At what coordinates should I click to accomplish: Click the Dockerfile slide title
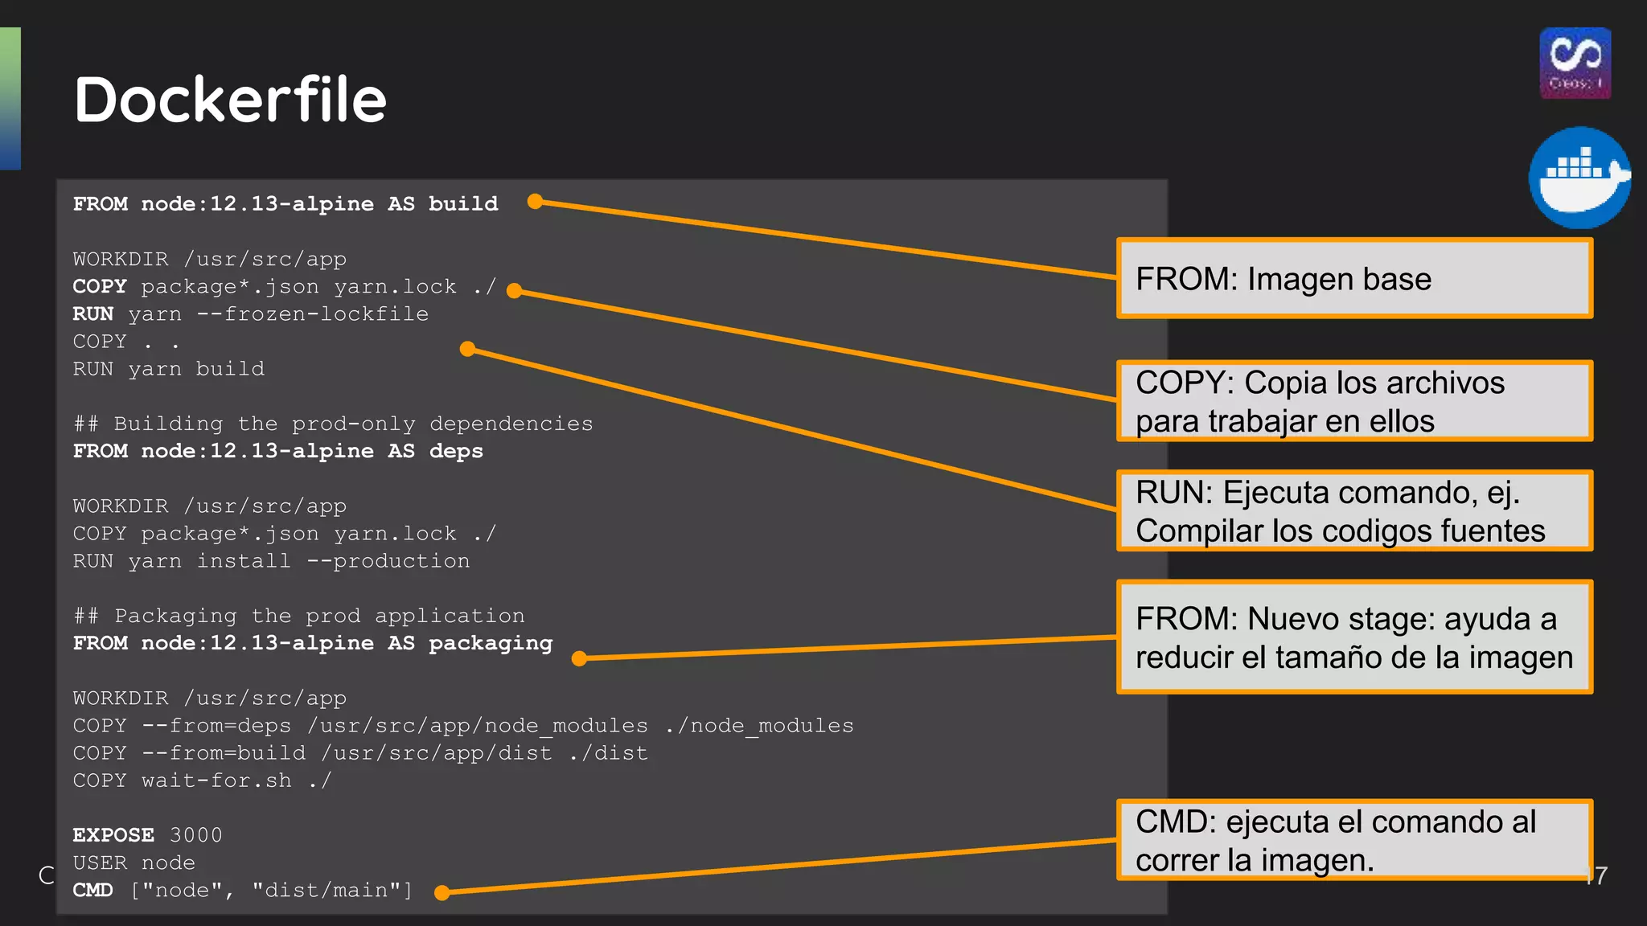pyautogui.click(x=230, y=100)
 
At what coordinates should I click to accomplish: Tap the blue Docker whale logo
pyautogui.click(x=1579, y=178)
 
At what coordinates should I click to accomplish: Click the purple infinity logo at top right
pyautogui.click(x=1575, y=63)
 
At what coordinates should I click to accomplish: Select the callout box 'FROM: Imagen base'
pyautogui.click(x=1354, y=278)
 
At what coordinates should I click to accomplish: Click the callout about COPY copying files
pyautogui.click(x=1354, y=401)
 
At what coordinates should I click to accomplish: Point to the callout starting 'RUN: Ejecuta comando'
pyautogui.click(x=1354, y=511)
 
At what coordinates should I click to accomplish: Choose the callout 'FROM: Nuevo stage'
pyautogui.click(x=1354, y=637)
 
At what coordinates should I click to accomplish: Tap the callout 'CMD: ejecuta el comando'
pyautogui.click(x=1354, y=840)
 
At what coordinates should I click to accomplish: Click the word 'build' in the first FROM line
pyautogui.click(x=463, y=204)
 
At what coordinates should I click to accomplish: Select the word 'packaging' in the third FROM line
pyautogui.click(x=491, y=644)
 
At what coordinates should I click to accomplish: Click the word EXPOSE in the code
pyautogui.click(x=113, y=835)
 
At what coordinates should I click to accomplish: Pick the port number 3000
pyautogui.click(x=195, y=835)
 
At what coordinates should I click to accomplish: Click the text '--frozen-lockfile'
pyautogui.click(x=313, y=314)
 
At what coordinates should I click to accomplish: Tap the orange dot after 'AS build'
pyautogui.click(x=535, y=202)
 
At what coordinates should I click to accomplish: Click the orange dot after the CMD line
pyautogui.click(x=442, y=892)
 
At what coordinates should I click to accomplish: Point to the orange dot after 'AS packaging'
pyautogui.click(x=579, y=658)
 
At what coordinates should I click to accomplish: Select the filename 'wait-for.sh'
pyautogui.click(x=216, y=781)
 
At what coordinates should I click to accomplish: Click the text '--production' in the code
pyautogui.click(x=388, y=561)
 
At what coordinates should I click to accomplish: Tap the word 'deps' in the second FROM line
pyautogui.click(x=456, y=452)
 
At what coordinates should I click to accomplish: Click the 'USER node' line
pyautogui.click(x=133, y=862)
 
